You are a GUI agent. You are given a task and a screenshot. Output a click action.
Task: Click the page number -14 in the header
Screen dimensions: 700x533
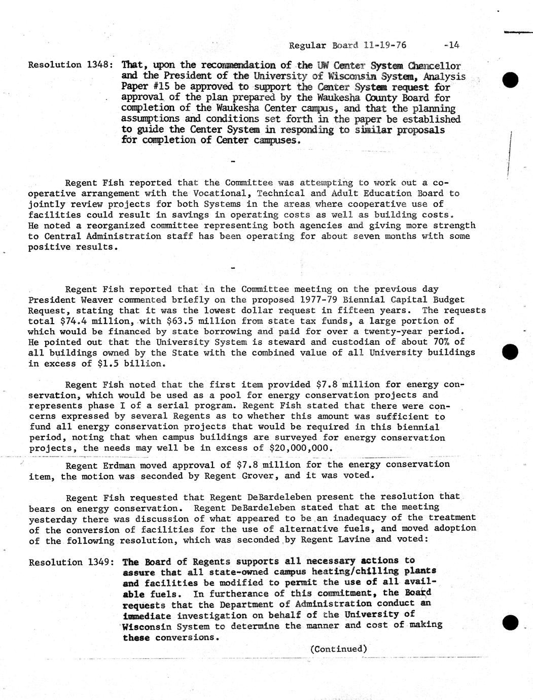click(x=451, y=45)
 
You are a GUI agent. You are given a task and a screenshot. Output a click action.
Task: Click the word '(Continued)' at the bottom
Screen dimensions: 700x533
click(x=338, y=649)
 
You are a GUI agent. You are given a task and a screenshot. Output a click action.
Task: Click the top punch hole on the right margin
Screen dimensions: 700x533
click(x=510, y=80)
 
